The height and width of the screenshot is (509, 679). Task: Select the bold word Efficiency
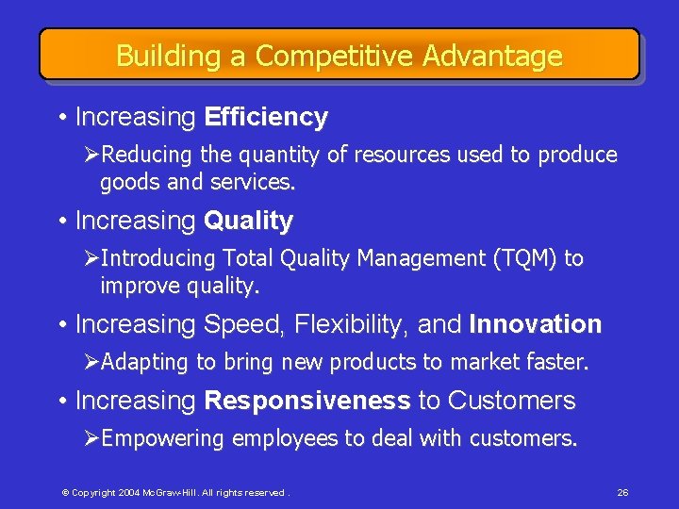266,118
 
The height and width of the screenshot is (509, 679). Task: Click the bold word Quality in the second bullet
249,222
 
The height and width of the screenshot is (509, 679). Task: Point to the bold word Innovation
535,324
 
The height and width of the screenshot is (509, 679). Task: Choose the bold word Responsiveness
306,401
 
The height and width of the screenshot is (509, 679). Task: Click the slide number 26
622,492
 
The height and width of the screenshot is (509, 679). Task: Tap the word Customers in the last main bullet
511,401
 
